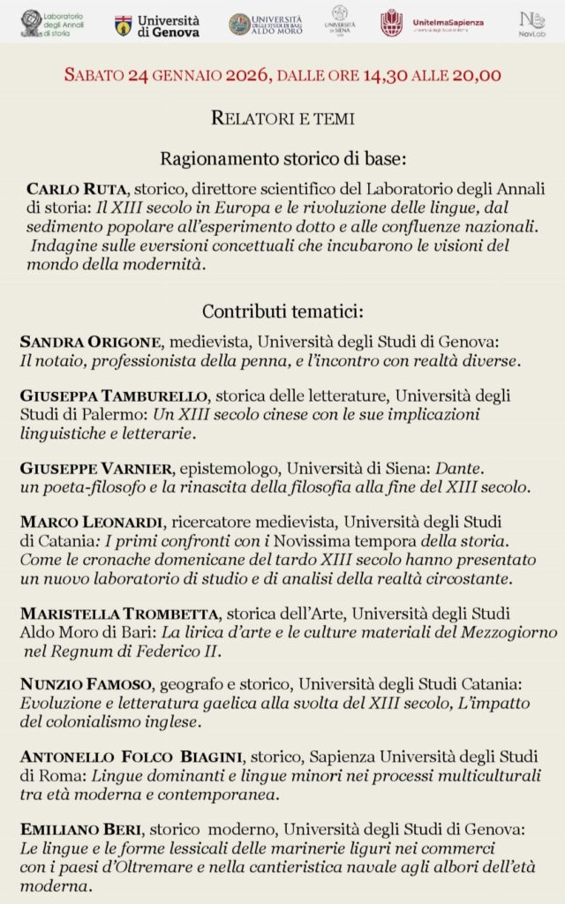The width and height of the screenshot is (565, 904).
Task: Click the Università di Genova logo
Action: click(x=157, y=26)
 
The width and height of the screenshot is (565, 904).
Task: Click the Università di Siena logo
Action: click(x=340, y=22)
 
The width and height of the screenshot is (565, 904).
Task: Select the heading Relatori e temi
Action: click(x=282, y=117)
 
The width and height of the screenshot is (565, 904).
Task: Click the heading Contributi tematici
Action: click(x=282, y=312)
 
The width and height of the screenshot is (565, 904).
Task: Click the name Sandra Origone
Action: click(x=90, y=343)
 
